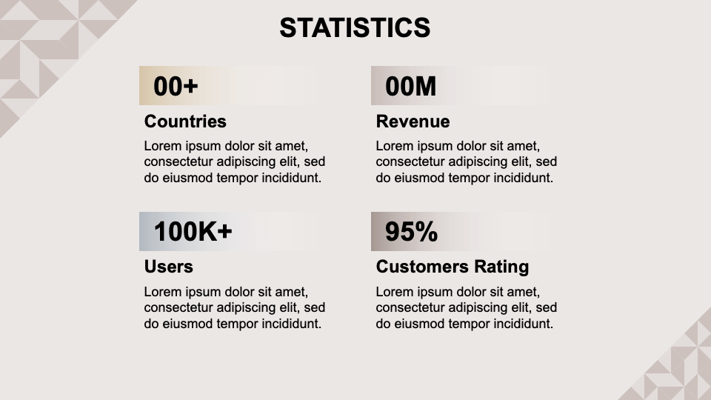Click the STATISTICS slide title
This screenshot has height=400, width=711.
tap(355, 27)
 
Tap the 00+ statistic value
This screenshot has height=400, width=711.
tap(176, 86)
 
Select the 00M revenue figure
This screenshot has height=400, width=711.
tap(410, 86)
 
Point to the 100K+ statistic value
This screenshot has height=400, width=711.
tap(193, 231)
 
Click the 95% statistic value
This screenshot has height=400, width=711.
tap(411, 231)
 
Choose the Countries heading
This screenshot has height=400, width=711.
tap(185, 121)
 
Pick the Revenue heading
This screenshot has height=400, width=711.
tap(413, 121)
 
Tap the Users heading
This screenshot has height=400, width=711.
tap(169, 267)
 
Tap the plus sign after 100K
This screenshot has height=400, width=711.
tap(224, 232)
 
